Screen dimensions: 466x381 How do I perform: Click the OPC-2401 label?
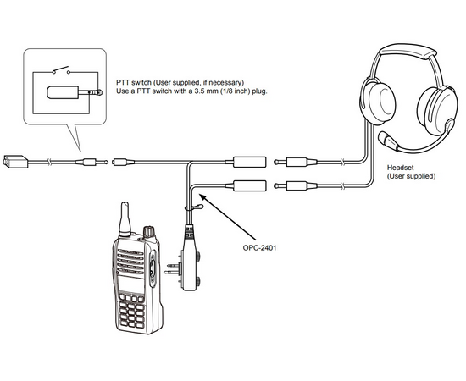pos(259,247)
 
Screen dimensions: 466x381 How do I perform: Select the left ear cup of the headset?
pos(377,102)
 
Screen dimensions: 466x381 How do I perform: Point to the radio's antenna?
pos(125,219)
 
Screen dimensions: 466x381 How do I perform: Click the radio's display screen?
pos(131,284)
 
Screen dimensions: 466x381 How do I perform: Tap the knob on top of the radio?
pos(149,232)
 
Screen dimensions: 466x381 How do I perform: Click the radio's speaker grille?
pos(130,261)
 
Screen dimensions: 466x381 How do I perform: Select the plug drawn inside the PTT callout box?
pos(75,92)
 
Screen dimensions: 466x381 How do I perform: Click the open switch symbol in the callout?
pos(61,70)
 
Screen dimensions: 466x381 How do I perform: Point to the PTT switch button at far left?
pos(15,161)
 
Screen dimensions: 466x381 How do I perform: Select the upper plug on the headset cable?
pos(296,163)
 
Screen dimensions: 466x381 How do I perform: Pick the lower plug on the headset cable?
pos(296,186)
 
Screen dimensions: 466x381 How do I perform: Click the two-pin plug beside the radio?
pos(172,268)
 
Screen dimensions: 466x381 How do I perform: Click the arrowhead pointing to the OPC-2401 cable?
pos(202,197)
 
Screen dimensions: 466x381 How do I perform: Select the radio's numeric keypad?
pos(131,312)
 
